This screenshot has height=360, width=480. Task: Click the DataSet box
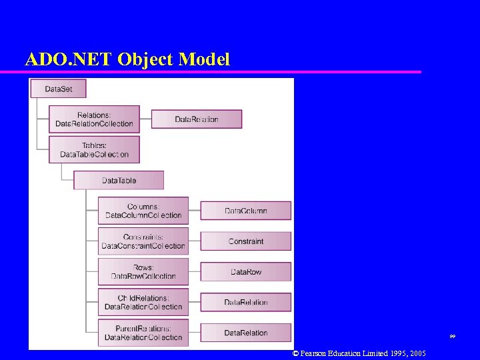click(x=58, y=89)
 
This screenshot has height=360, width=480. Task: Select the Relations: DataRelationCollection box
click(x=94, y=119)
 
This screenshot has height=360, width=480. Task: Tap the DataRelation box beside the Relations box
click(x=197, y=119)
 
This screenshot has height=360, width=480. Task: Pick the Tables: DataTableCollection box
click(x=94, y=150)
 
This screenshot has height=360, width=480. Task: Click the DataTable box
click(x=119, y=180)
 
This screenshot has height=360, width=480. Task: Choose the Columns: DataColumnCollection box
click(x=143, y=211)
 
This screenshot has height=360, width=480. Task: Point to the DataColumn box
click(x=245, y=211)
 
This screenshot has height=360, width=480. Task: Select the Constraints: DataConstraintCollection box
click(x=143, y=241)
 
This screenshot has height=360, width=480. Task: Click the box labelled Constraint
click(x=245, y=241)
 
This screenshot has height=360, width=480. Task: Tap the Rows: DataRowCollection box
click(x=143, y=271)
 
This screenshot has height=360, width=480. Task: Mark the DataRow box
click(x=245, y=272)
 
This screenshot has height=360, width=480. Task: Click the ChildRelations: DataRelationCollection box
click(x=143, y=302)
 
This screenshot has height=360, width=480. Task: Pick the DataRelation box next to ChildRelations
click(x=245, y=302)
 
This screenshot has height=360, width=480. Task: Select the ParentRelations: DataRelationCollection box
click(x=143, y=333)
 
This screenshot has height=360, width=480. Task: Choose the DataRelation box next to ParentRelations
click(x=245, y=333)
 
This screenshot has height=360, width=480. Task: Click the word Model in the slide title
click(x=205, y=59)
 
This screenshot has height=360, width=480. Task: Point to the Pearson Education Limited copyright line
click(x=359, y=353)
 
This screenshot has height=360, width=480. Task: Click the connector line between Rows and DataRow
click(x=195, y=272)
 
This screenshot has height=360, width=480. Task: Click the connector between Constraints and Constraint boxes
click(x=195, y=241)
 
